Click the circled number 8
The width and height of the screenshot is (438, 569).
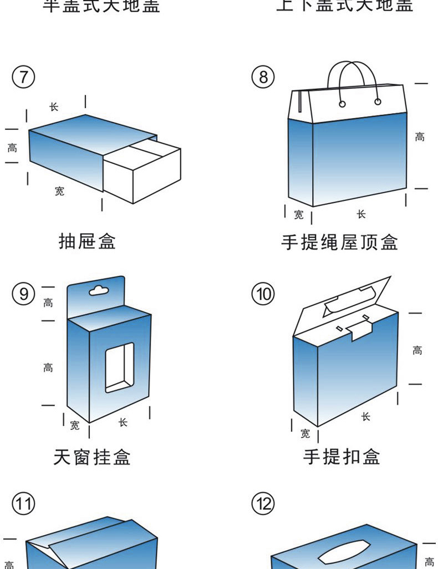[x=263, y=77]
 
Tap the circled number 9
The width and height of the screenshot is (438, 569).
[x=23, y=293]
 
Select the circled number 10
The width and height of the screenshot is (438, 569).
[x=263, y=293]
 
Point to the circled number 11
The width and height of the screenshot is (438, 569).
[x=23, y=504]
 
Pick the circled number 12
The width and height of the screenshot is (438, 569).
[x=263, y=504]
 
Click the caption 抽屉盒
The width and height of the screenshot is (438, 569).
[x=88, y=241]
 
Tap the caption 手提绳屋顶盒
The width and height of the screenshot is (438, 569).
[x=339, y=242]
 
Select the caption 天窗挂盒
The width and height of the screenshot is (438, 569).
[x=91, y=457]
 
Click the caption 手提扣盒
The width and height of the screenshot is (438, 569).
[x=342, y=457]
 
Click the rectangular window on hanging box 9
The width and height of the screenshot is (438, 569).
[x=120, y=367]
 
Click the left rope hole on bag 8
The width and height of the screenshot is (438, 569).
[x=342, y=103]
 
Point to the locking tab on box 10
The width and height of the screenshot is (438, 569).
[x=359, y=332]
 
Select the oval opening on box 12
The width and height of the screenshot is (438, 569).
[x=344, y=551]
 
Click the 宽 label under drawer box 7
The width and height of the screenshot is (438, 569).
[x=59, y=192]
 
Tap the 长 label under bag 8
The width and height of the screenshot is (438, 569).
[x=361, y=214]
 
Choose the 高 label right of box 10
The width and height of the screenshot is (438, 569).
[x=417, y=350]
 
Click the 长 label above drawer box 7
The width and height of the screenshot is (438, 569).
[x=54, y=107]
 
